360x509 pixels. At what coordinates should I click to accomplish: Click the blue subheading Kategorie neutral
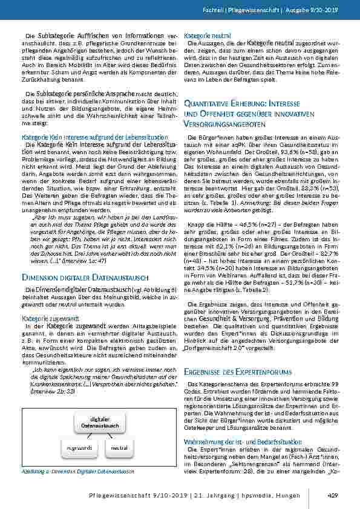pyautogui.click(x=205, y=36)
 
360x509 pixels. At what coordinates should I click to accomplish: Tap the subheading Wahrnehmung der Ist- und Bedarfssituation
pyautogui.click(x=239, y=441)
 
